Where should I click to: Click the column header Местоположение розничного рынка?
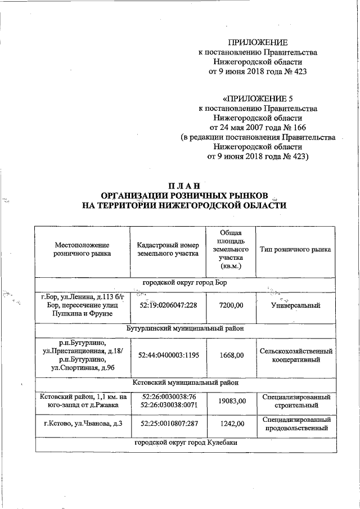pos(82,249)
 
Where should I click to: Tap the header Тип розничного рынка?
pos(295,249)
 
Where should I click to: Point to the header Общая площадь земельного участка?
pos(231,249)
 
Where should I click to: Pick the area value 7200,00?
pos(231,306)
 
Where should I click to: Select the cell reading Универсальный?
pos(295,306)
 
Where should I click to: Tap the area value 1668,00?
pos(231,355)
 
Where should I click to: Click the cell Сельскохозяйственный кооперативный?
pos(295,355)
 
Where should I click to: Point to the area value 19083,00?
pos(231,401)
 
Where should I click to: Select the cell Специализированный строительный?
pos(295,401)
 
